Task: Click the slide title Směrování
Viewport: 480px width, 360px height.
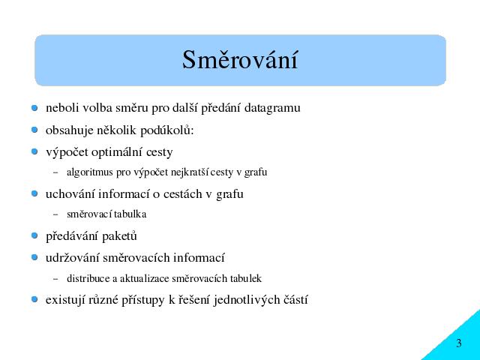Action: click(240, 59)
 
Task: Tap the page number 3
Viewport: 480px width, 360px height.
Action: click(458, 343)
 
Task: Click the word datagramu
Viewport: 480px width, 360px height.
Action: click(272, 108)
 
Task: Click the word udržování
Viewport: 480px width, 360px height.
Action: click(73, 258)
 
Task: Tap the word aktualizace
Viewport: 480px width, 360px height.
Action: click(144, 278)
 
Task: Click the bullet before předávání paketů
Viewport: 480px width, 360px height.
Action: click(34, 235)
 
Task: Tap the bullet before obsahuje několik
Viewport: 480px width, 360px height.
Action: click(34, 130)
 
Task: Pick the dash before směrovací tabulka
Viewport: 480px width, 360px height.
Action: click(55, 214)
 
